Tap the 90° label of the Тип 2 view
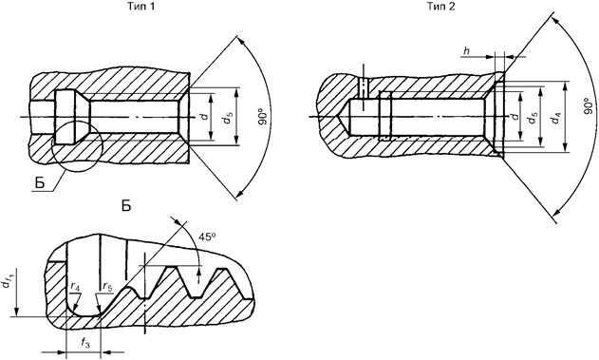tap(588, 104)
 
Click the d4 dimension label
tap(558, 119)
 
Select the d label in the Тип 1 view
tap(204, 117)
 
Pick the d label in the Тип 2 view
tap(514, 118)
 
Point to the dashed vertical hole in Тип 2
tap(362, 86)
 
